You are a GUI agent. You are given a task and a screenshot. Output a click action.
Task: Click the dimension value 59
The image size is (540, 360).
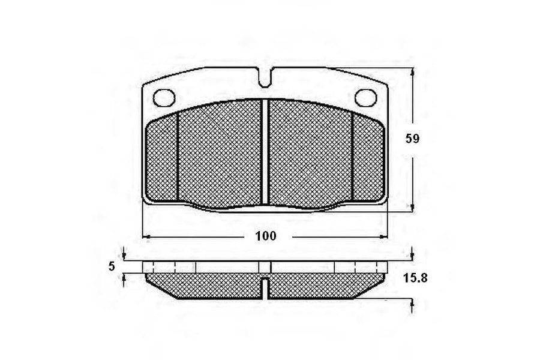tap(412, 139)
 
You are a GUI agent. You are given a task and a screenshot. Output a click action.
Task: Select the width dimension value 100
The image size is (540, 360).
tap(266, 236)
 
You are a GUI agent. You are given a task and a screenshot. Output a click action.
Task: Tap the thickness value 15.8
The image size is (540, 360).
tap(415, 278)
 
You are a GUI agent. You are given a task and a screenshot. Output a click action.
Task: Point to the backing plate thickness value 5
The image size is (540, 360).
tap(111, 266)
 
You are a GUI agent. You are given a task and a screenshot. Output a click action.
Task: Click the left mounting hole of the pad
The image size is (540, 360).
tap(164, 97)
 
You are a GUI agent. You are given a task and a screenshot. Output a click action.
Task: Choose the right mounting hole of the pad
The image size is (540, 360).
tap(366, 97)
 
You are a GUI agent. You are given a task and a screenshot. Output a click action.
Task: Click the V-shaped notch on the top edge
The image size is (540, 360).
tap(265, 77)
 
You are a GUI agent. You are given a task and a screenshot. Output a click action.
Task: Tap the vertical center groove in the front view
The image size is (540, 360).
tap(265, 152)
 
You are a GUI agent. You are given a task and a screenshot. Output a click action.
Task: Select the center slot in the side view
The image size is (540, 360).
tap(265, 287)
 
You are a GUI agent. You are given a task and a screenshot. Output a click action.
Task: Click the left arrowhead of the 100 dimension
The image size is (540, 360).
tap(146, 236)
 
